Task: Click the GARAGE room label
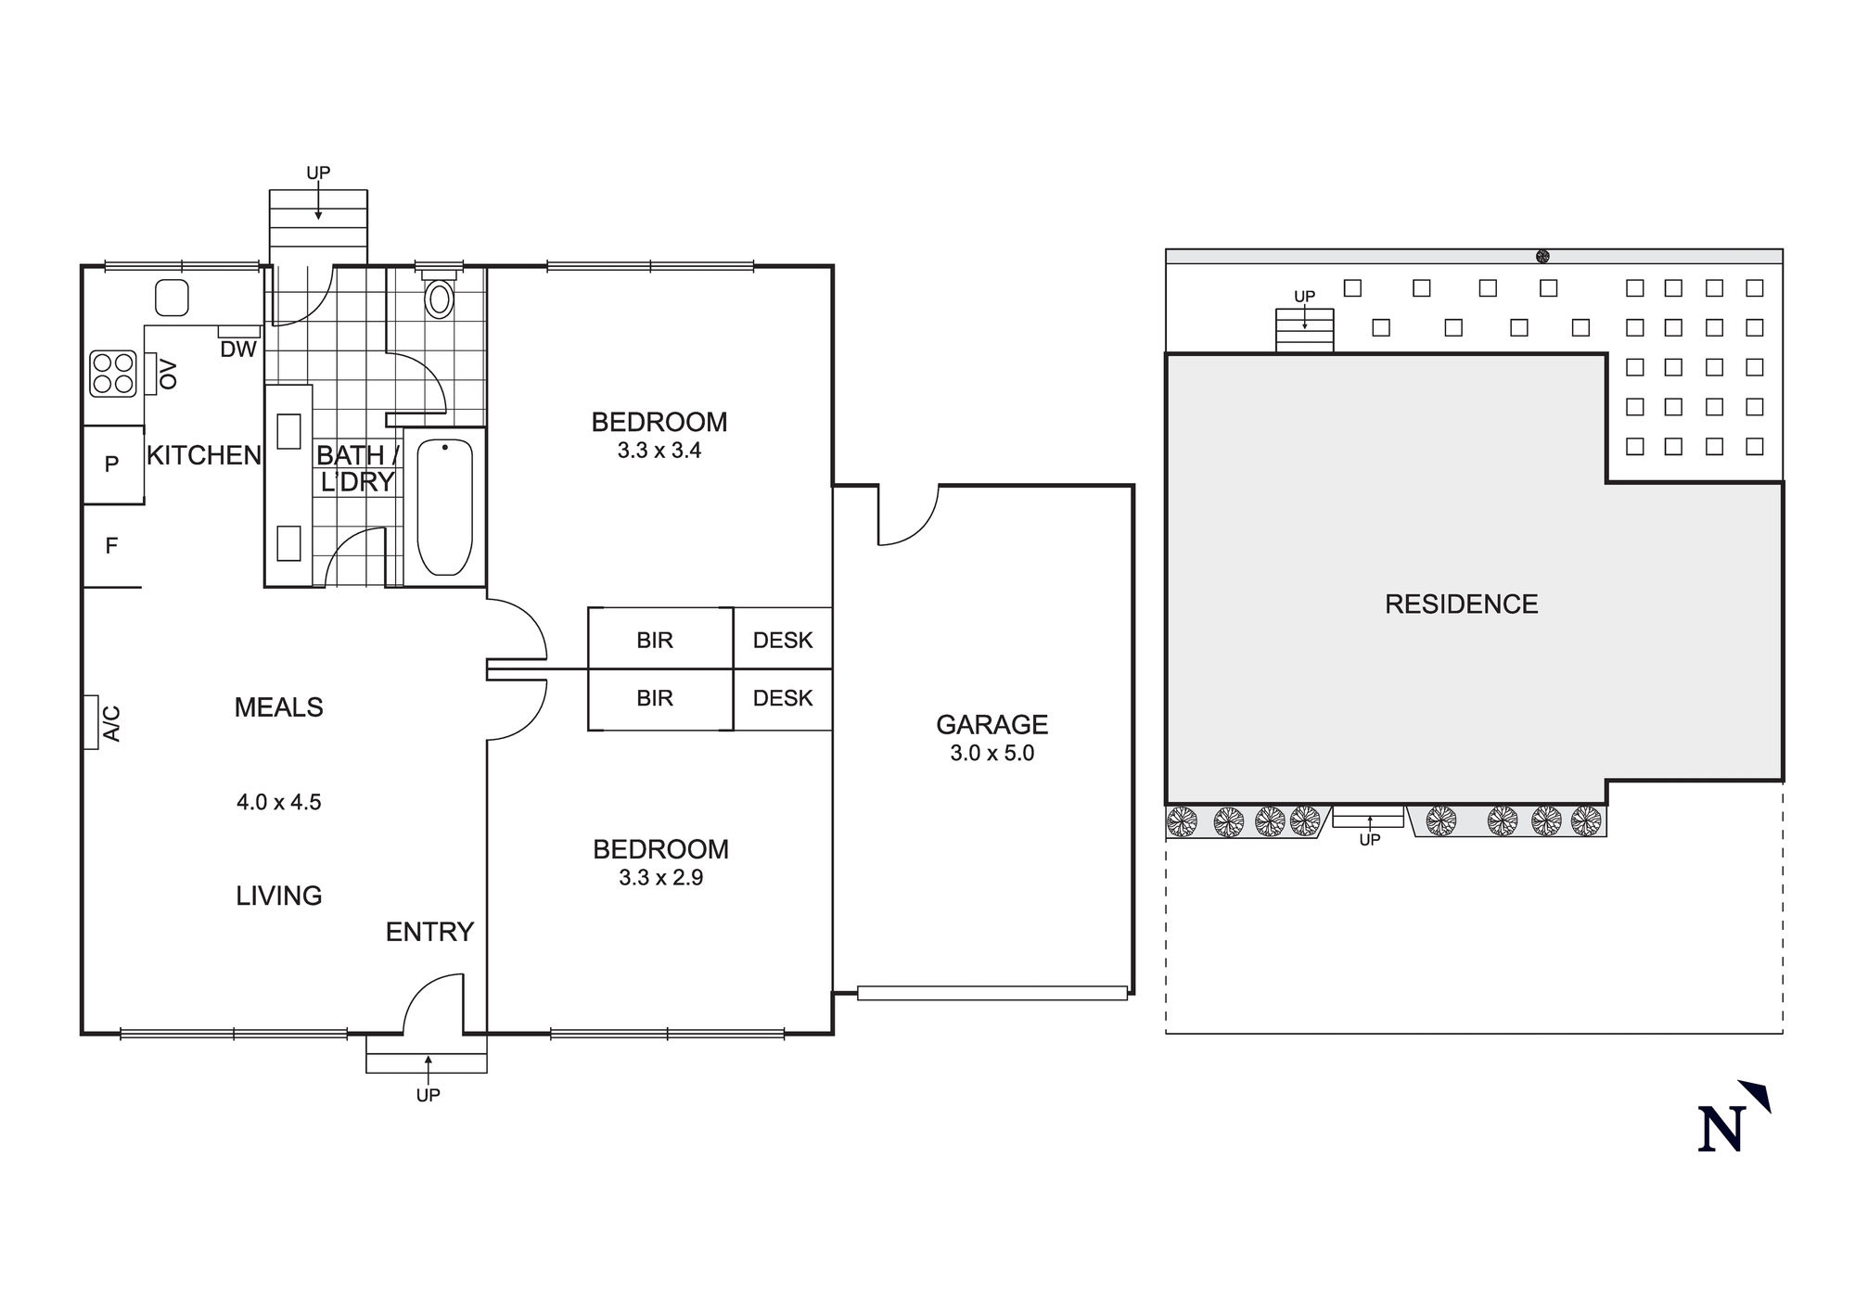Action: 991,724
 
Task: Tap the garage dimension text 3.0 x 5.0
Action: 991,753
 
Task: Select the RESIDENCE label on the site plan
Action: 1461,604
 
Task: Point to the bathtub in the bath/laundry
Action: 444,507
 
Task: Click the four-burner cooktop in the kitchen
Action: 113,373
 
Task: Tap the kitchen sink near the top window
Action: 172,298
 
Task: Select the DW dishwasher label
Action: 238,350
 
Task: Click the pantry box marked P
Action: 112,464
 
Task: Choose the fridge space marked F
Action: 111,546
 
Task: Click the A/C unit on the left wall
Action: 91,722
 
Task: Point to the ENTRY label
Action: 429,932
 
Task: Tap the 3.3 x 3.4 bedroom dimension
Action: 659,451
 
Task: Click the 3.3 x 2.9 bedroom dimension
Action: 660,877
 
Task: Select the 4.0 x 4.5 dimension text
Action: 278,802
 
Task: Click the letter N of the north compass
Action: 1721,1128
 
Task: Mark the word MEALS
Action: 278,707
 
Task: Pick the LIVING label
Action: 278,896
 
